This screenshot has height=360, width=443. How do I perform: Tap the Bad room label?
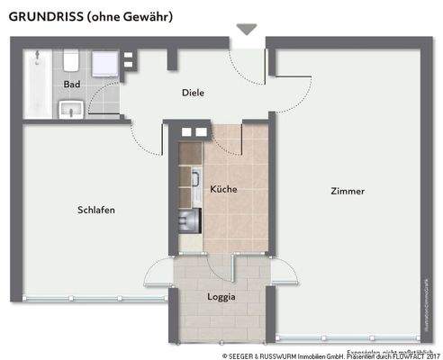tap(72, 85)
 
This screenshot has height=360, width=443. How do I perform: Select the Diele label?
tap(193, 93)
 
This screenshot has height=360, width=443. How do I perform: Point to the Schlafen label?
tap(96, 210)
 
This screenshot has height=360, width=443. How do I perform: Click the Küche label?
tap(223, 190)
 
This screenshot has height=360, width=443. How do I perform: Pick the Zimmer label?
tap(348, 191)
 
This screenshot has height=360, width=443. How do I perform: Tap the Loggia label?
tap(221, 296)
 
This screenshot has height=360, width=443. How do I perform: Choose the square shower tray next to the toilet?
tap(105, 62)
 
